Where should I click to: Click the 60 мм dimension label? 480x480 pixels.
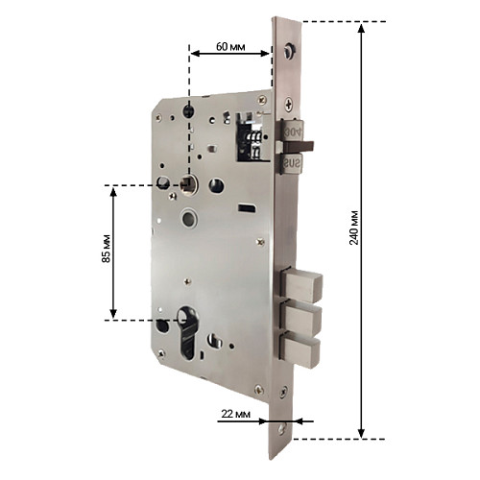click(230, 47)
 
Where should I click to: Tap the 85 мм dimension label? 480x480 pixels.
click(106, 249)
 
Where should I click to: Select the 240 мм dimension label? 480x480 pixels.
click(354, 228)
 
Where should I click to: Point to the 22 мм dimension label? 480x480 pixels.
click(236, 414)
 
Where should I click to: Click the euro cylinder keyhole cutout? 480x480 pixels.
click(187, 333)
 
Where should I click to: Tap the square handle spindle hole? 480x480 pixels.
click(188, 184)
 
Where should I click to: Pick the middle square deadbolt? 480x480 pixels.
click(300, 320)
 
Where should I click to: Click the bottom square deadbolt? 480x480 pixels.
click(300, 350)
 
